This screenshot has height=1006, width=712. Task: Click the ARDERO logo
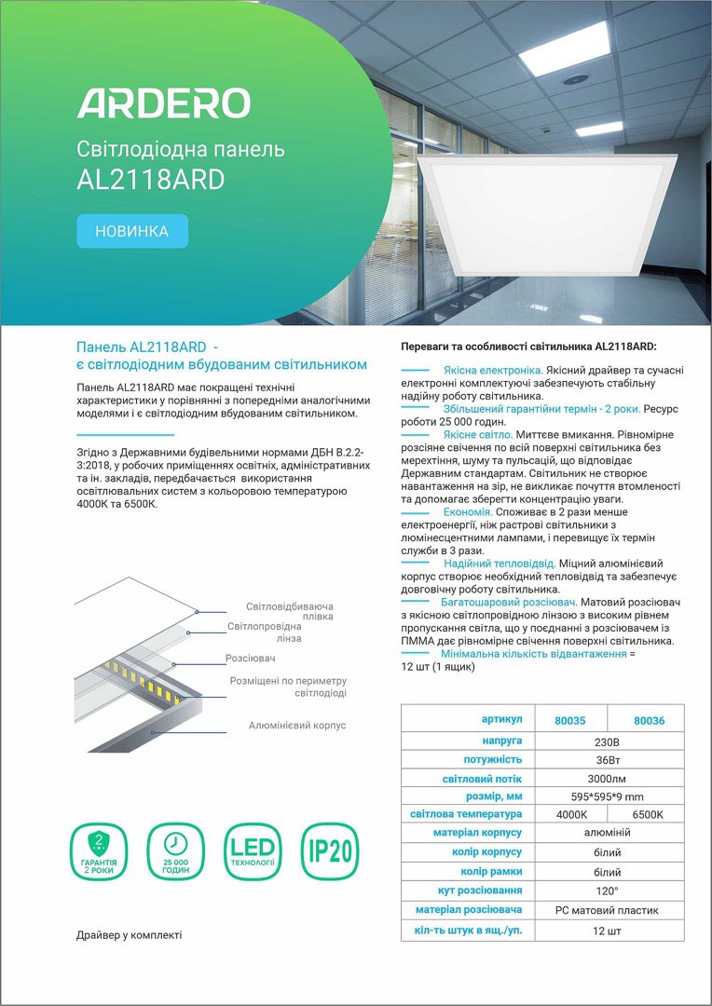[x=163, y=103]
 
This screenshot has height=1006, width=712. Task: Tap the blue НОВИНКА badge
[x=132, y=231]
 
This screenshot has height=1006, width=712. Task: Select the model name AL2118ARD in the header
[x=151, y=179]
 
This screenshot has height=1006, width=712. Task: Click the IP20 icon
[x=330, y=852]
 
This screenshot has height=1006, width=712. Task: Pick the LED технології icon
[x=253, y=852]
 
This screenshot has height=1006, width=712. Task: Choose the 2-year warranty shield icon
[x=99, y=852]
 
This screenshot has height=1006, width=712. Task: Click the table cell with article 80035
[x=569, y=720]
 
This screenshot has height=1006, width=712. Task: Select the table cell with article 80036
[x=649, y=720]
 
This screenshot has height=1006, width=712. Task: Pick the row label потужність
[x=492, y=759]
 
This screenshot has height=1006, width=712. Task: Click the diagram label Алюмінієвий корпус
[x=297, y=725]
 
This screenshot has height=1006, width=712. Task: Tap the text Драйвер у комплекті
[x=129, y=934]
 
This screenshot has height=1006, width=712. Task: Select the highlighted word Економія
[x=468, y=512]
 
